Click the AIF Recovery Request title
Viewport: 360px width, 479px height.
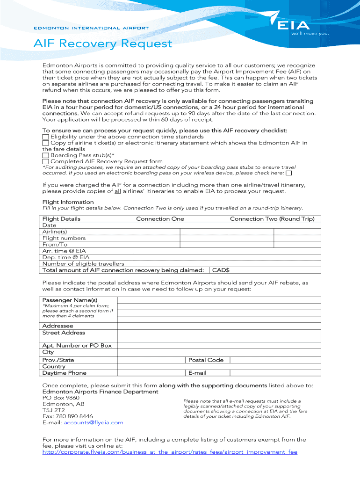click(103, 44)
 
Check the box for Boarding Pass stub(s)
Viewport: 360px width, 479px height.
click(45, 155)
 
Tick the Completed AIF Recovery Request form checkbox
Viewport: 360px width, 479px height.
click(45, 161)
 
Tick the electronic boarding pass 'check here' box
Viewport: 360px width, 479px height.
click(288, 173)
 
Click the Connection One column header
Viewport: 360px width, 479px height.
click(160, 219)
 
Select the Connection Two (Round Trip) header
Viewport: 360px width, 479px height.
click(272, 219)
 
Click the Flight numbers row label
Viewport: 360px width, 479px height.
click(64, 238)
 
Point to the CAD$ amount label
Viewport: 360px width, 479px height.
click(221, 270)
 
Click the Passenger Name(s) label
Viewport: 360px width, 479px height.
click(70, 300)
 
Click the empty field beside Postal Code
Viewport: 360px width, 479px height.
click(275, 360)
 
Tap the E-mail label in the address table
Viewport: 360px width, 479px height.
click(197, 373)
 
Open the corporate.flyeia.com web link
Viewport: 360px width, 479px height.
click(170, 452)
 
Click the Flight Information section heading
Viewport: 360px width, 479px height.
click(68, 202)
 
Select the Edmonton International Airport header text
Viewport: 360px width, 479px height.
click(91, 28)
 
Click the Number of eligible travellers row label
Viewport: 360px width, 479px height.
click(83, 264)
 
